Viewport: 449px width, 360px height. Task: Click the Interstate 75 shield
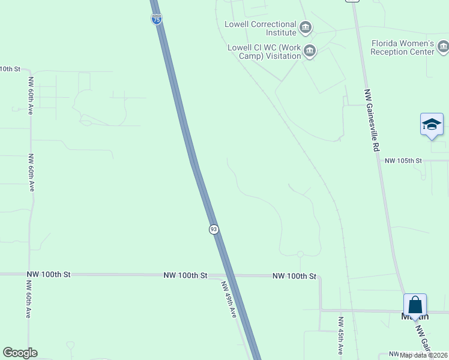(x=157, y=19)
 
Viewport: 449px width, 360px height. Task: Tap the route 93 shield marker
(x=214, y=229)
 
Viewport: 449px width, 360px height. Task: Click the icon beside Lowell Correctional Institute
(x=306, y=28)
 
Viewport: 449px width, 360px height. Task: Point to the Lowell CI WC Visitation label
(x=264, y=52)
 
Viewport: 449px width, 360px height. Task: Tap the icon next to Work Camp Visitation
(x=310, y=50)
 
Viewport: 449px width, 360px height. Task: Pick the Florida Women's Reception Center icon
(x=443, y=46)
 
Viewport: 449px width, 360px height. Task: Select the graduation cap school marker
(x=432, y=124)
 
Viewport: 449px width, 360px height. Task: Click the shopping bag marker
(x=415, y=304)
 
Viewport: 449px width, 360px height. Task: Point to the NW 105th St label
(x=403, y=161)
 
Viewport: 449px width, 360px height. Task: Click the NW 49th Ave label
(x=229, y=299)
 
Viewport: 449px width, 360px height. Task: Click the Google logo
(x=20, y=353)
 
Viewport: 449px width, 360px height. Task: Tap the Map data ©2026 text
(x=424, y=355)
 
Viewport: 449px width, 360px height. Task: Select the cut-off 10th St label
(x=10, y=69)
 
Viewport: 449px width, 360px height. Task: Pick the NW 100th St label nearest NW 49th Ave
(x=185, y=275)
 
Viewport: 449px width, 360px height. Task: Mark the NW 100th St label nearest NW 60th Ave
(x=49, y=274)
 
